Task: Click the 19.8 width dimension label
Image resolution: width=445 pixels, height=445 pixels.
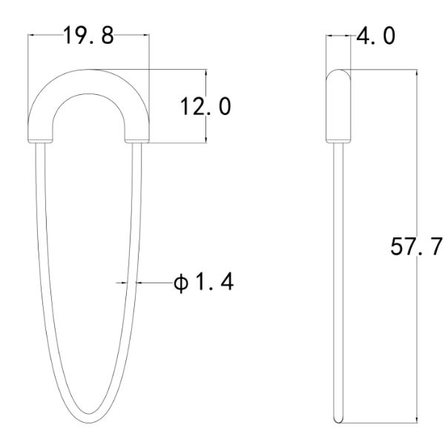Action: [88, 35]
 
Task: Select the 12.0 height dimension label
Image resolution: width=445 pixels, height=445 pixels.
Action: [205, 106]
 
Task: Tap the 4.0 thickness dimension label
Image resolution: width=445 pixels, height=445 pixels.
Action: [375, 36]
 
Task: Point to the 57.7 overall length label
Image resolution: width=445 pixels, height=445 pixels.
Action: [416, 246]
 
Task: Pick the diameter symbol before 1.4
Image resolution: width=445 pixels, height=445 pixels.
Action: [181, 283]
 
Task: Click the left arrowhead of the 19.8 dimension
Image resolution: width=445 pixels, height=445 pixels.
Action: [31, 35]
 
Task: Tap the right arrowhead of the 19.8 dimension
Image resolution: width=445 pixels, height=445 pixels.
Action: [146, 35]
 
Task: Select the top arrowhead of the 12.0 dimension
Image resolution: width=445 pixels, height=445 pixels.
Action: [206, 73]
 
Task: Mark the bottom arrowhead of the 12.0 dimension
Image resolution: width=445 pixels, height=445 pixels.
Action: [206, 139]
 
